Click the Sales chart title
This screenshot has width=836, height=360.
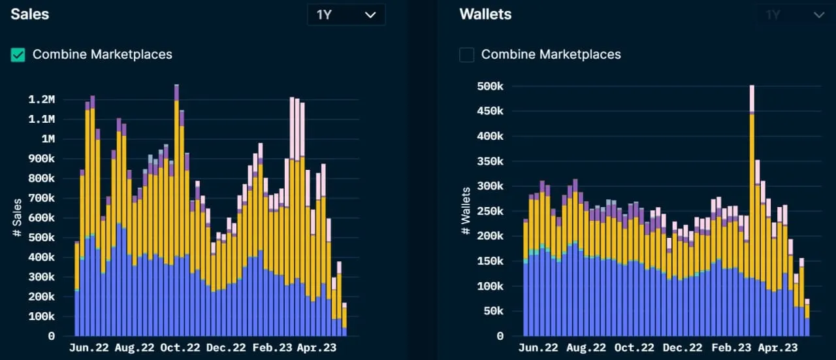[29, 14]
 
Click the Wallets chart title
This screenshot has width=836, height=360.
[485, 14]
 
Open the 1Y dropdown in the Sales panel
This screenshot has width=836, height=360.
[346, 15]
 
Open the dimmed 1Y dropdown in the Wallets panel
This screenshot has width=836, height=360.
[794, 15]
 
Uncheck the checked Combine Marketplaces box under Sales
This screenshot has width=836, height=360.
[18, 55]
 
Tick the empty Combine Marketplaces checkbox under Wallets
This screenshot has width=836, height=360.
[466, 55]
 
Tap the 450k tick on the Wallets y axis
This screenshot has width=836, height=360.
[490, 111]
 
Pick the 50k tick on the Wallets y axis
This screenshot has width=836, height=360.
[492, 311]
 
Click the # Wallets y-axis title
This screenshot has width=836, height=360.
[466, 212]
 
